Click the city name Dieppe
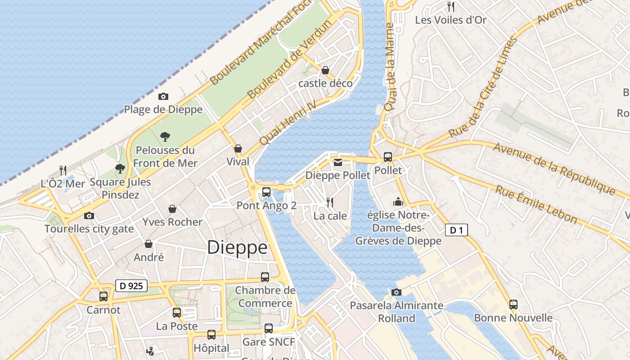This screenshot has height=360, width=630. (237, 247)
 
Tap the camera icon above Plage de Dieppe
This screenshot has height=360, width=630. (163, 96)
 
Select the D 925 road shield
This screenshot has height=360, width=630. (131, 286)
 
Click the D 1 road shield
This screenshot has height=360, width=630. (456, 230)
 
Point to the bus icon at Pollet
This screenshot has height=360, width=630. (388, 157)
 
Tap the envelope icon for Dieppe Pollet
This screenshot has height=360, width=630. (337, 162)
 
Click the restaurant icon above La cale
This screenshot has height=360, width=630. (330, 202)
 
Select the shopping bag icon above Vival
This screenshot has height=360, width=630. (238, 148)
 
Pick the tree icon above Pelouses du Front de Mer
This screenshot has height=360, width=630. (165, 136)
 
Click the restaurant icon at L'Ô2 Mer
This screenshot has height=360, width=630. (63, 170)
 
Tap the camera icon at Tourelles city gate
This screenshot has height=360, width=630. (89, 216)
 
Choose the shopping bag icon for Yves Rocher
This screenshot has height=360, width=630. (172, 209)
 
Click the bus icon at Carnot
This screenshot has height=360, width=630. (103, 297)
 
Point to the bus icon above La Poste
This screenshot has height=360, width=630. (177, 313)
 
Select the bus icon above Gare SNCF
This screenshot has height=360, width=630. (269, 328)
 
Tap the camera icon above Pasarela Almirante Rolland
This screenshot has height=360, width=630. (396, 292)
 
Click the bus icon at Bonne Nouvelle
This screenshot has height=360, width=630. (513, 305)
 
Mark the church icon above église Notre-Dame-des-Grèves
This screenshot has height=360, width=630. (398, 202)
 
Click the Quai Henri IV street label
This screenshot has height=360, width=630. (288, 122)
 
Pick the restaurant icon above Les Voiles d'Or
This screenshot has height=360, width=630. (451, 6)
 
